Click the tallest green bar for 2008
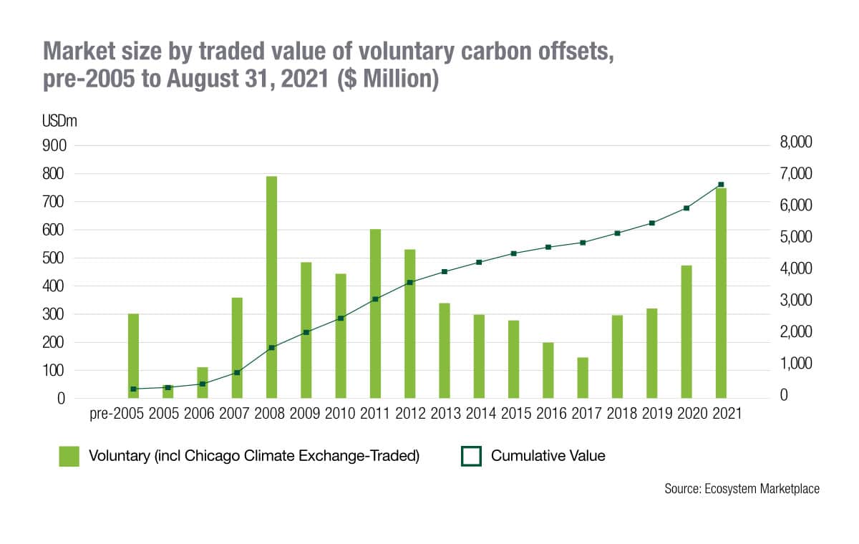click(x=271, y=286)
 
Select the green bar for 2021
click(x=721, y=293)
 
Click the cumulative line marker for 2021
click(x=721, y=185)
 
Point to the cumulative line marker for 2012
click(x=409, y=283)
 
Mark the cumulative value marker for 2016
click(x=548, y=247)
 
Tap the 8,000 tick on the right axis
click(x=795, y=143)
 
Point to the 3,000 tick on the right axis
click(x=795, y=301)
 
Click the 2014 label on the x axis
click(x=479, y=414)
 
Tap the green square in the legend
click(x=69, y=456)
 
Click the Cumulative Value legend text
click(x=548, y=456)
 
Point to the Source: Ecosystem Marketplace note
click(x=742, y=489)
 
